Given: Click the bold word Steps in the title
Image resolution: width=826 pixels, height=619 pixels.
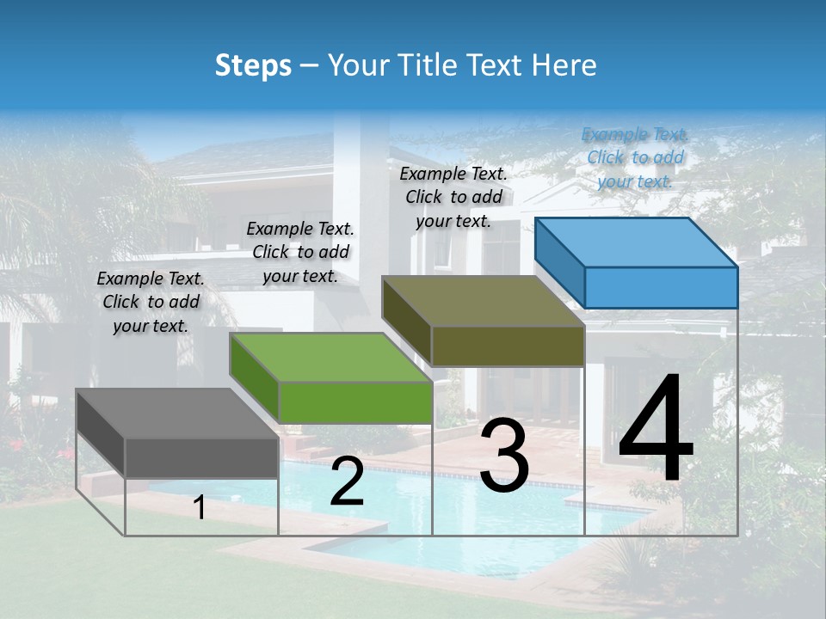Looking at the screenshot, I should click(x=253, y=65).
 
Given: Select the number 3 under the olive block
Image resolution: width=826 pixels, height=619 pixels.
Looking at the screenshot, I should click(x=504, y=456).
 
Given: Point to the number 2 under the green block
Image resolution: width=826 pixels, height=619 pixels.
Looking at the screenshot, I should click(x=347, y=481).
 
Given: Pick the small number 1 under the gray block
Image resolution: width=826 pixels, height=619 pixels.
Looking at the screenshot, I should click(x=200, y=508).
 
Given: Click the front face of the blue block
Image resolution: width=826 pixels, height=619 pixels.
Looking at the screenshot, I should click(x=661, y=287).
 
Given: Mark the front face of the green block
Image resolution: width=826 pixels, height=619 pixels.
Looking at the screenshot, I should click(x=355, y=402).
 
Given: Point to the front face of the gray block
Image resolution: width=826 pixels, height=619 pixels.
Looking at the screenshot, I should click(x=202, y=457).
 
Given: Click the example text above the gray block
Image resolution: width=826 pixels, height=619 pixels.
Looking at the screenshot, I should click(x=151, y=302).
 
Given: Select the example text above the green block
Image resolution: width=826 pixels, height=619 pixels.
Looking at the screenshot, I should click(x=300, y=252).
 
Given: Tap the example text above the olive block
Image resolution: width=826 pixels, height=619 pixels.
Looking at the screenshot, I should click(x=453, y=197).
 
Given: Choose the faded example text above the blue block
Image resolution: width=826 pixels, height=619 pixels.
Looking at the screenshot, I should click(x=635, y=157).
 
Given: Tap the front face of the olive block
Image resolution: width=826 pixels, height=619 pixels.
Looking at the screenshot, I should click(x=508, y=346).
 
